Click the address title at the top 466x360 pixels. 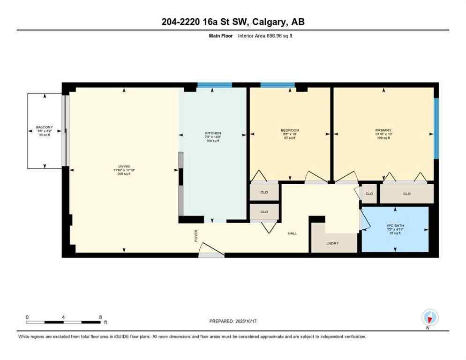click(233, 22)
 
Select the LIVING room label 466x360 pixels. click(124, 166)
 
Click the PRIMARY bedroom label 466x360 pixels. click(383, 130)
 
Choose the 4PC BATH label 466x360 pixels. click(395, 225)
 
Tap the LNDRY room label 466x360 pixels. click(332, 243)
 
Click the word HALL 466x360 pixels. click(292, 233)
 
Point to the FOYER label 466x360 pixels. click(196, 235)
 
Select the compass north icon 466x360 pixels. click(429, 318)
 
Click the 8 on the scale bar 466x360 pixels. click(100, 317)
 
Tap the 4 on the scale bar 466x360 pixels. click(63, 317)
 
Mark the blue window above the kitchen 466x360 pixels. click(214, 85)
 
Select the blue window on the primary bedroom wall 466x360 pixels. click(436, 128)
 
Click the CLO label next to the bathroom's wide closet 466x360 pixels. click(406, 194)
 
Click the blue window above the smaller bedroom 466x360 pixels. click(278, 85)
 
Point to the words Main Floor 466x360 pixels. click(222, 36)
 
